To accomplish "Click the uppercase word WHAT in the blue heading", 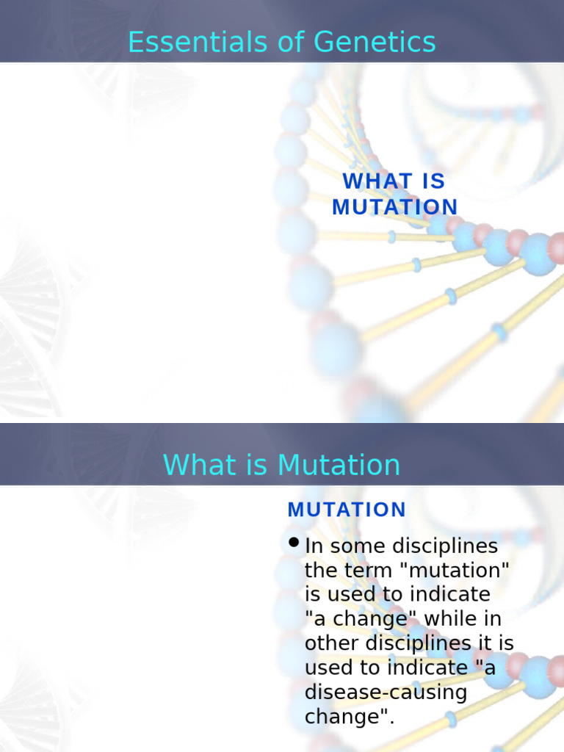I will click(374, 181).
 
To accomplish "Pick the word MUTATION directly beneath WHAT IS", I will click(394, 207).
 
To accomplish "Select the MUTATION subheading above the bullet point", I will click(347, 510).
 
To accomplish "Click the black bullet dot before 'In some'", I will click(294, 543).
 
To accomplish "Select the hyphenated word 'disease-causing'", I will click(386, 693).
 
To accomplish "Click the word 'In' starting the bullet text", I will click(314, 546).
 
